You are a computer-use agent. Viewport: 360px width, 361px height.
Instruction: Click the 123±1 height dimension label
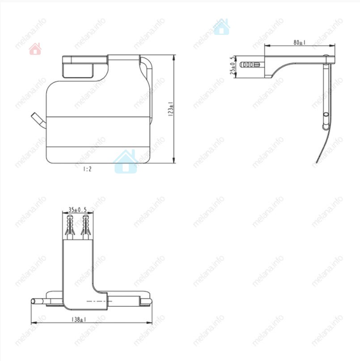(x=170, y=109)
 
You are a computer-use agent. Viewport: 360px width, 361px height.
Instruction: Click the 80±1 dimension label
(x=300, y=42)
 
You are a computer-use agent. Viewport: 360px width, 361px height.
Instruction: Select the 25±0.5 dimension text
(x=233, y=65)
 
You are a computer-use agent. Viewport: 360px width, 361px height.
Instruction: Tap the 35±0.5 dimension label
(x=77, y=210)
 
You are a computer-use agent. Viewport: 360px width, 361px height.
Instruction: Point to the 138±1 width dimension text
(x=79, y=319)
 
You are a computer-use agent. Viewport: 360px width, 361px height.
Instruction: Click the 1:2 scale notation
(x=87, y=169)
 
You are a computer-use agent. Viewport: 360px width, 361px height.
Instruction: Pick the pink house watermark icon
(x=35, y=49)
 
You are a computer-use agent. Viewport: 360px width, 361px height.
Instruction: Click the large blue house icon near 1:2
(x=126, y=161)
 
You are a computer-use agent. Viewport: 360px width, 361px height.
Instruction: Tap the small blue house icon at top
(x=221, y=27)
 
